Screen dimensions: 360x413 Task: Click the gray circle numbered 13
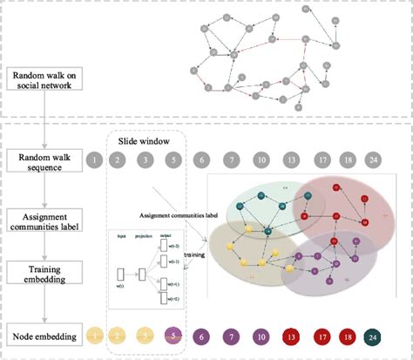pyautogui.click(x=292, y=160)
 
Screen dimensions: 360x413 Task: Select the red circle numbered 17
pyautogui.click(x=323, y=335)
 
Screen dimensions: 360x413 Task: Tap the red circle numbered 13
pyautogui.click(x=292, y=335)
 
